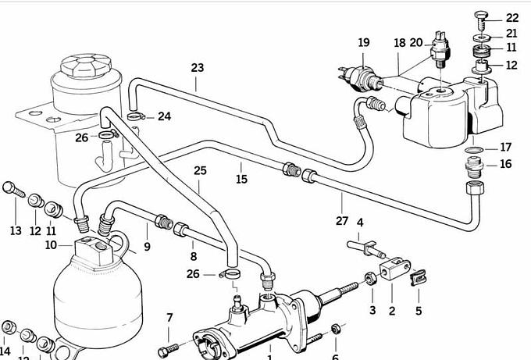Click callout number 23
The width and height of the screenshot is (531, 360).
(x=196, y=68)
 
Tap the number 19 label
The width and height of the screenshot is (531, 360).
(x=364, y=42)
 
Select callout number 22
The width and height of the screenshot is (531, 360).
(x=512, y=17)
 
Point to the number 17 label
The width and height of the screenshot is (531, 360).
(x=506, y=147)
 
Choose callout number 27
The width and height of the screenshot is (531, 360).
(x=342, y=221)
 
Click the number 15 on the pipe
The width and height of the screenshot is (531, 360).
(x=241, y=179)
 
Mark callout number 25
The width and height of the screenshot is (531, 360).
(x=200, y=170)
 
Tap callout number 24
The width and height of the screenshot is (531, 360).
(x=164, y=117)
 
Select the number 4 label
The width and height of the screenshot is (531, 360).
(x=360, y=223)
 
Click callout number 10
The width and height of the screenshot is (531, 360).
(x=51, y=245)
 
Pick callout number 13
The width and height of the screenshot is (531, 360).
(x=16, y=230)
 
